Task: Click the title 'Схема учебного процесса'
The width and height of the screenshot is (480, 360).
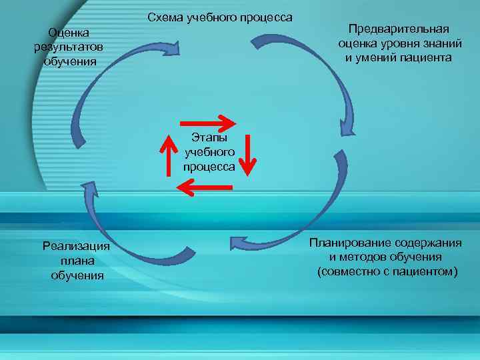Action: click(x=219, y=17)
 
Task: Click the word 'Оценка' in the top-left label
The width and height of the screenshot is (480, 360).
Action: click(x=69, y=33)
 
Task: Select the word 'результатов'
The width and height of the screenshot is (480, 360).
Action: click(x=69, y=47)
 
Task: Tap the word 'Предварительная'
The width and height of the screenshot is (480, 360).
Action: click(x=399, y=29)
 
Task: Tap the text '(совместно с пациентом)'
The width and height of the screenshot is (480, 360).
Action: click(x=387, y=271)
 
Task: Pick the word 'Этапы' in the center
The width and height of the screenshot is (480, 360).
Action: click(x=209, y=137)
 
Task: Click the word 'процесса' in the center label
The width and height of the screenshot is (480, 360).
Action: click(x=209, y=167)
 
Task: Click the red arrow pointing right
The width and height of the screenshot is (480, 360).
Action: click(x=209, y=123)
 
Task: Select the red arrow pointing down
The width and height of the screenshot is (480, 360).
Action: click(x=247, y=155)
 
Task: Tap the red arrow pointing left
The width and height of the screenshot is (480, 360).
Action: click(x=205, y=188)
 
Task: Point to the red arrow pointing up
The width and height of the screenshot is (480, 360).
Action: click(x=167, y=155)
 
